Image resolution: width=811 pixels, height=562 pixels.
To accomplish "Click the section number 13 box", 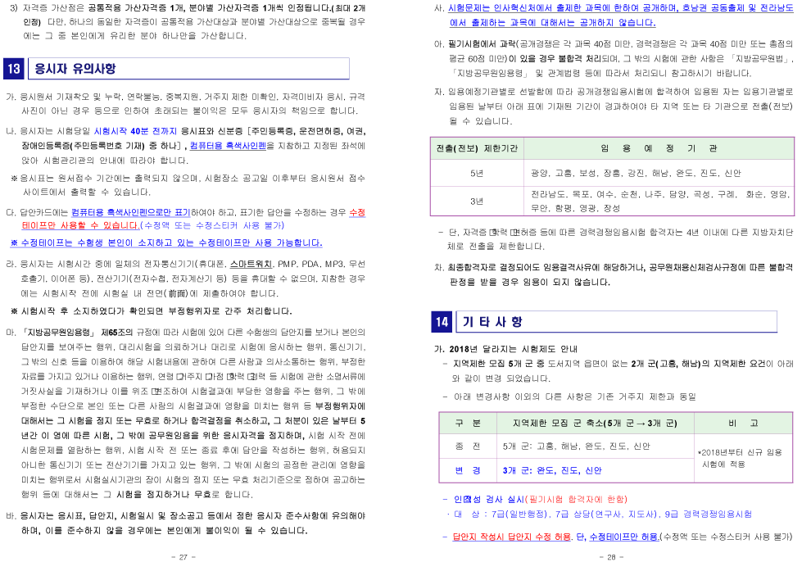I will pyautogui.click(x=14, y=69).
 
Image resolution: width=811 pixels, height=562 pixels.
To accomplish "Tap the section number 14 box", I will pyautogui.click(x=442, y=322).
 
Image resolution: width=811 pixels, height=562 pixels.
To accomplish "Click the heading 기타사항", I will pyautogui.click(x=492, y=322).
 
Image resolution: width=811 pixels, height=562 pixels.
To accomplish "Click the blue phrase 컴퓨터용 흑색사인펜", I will pyautogui.click(x=227, y=146).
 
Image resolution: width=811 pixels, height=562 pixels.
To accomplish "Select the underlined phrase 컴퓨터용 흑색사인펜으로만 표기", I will pyautogui.click(x=131, y=212).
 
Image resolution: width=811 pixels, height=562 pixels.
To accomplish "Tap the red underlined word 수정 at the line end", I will pyautogui.click(x=357, y=212).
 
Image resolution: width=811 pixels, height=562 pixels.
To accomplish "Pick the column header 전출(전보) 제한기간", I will pyautogui.click(x=477, y=148).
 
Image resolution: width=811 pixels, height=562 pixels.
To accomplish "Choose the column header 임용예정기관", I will pyautogui.click(x=659, y=148).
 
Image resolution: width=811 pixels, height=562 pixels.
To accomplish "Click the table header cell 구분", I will pyautogui.click(x=468, y=424).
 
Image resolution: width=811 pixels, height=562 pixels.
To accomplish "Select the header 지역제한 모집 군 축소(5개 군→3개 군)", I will pyautogui.click(x=595, y=424).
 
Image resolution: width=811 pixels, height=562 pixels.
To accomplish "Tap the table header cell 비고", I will pyautogui.click(x=743, y=424).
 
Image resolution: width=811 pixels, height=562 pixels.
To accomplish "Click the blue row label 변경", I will pyautogui.click(x=468, y=471).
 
